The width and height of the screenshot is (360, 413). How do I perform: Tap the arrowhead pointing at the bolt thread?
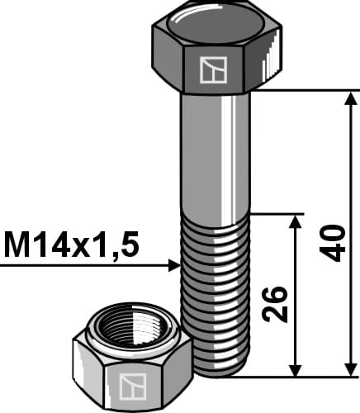(x=174, y=265)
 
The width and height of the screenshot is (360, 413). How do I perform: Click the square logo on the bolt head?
(x=214, y=71)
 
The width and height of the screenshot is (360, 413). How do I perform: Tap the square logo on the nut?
(x=130, y=386)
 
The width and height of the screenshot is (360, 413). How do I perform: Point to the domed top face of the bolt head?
(x=216, y=20)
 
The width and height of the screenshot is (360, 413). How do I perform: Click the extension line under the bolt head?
(x=306, y=90)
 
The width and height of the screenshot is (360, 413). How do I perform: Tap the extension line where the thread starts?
(x=277, y=215)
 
